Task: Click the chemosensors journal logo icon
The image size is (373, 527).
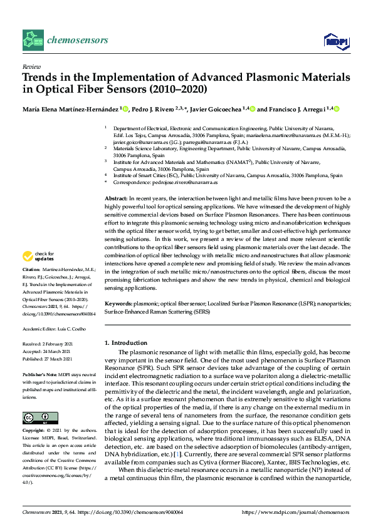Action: [33, 39]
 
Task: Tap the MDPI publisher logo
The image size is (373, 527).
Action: [335, 41]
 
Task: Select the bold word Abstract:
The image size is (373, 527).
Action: [117, 198]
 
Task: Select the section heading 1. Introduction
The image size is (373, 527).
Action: [125, 343]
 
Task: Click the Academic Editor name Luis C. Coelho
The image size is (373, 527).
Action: [70, 329]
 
